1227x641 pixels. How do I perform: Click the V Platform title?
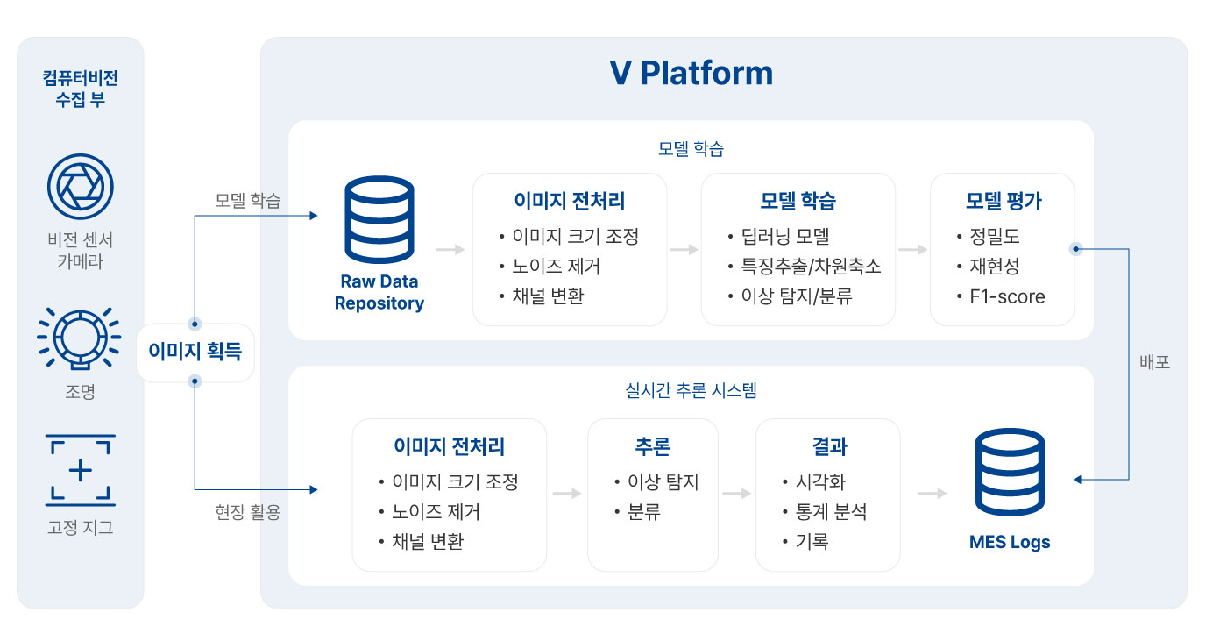point(691,73)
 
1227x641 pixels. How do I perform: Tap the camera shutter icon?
point(81,186)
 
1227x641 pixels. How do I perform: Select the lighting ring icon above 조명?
point(80,338)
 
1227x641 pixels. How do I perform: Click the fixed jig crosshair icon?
point(80,470)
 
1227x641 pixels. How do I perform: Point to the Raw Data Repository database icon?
point(379,219)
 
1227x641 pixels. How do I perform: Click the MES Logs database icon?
point(1010,472)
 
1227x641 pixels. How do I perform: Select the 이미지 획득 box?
point(195,353)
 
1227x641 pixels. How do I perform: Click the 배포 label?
point(1155,362)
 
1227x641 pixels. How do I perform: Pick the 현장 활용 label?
point(247,512)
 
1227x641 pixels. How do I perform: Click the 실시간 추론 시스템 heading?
point(691,390)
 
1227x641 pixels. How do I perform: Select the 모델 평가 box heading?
point(1004,201)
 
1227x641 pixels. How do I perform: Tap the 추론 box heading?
point(652,446)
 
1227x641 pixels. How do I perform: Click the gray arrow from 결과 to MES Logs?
point(933,494)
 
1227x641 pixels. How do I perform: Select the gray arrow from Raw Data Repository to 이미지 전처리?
point(450,250)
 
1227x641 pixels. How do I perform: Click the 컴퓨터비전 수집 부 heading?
point(81,89)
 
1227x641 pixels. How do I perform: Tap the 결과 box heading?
point(829,446)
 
